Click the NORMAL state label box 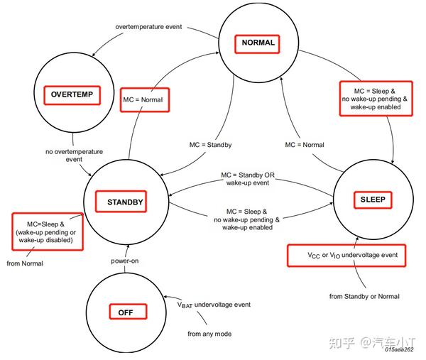257,44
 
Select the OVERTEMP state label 72,95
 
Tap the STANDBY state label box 121,202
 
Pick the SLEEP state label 373,200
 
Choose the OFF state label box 128,312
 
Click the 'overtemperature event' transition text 148,27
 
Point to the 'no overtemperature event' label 74,155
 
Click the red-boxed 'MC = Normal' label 145,99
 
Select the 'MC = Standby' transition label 211,145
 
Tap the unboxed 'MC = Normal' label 305,145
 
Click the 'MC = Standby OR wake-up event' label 248,179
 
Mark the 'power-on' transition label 125,261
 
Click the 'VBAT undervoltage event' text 214,305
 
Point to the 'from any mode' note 209,334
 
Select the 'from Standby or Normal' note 364,296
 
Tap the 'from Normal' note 25,263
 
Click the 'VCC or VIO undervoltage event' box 346,256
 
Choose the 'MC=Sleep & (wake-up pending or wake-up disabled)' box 48,231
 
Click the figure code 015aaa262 399,349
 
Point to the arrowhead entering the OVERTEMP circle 94,55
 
